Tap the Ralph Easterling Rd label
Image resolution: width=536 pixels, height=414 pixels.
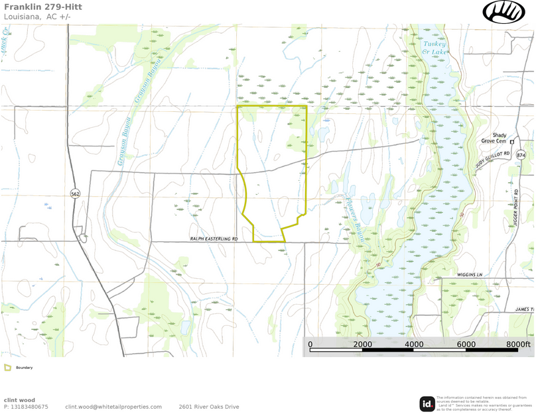[214, 238]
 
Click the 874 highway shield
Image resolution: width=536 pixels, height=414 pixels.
[521, 155]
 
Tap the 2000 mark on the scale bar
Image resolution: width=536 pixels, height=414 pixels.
[362, 345]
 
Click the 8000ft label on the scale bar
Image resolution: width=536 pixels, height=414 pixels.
[518, 345]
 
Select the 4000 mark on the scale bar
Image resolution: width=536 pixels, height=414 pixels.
[414, 345]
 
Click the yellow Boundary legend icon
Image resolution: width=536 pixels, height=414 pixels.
[7, 368]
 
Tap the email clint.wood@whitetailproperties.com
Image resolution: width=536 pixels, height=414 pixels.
[113, 407]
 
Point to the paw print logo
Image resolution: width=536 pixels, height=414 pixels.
[503, 12]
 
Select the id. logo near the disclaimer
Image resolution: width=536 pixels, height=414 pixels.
[427, 403]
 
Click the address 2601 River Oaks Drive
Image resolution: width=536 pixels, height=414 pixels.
[208, 407]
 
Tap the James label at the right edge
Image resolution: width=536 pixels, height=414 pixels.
[523, 309]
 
